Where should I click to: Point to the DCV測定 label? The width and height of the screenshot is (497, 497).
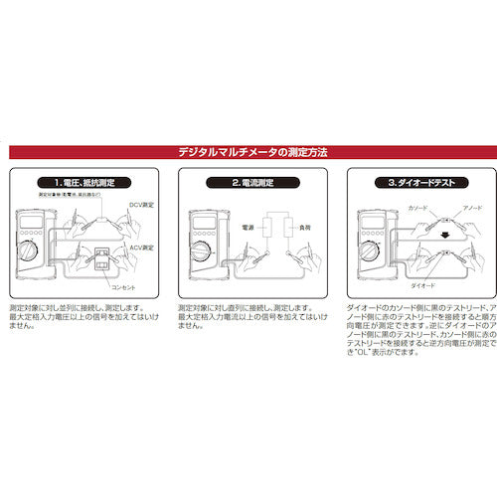(x=141, y=205)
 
